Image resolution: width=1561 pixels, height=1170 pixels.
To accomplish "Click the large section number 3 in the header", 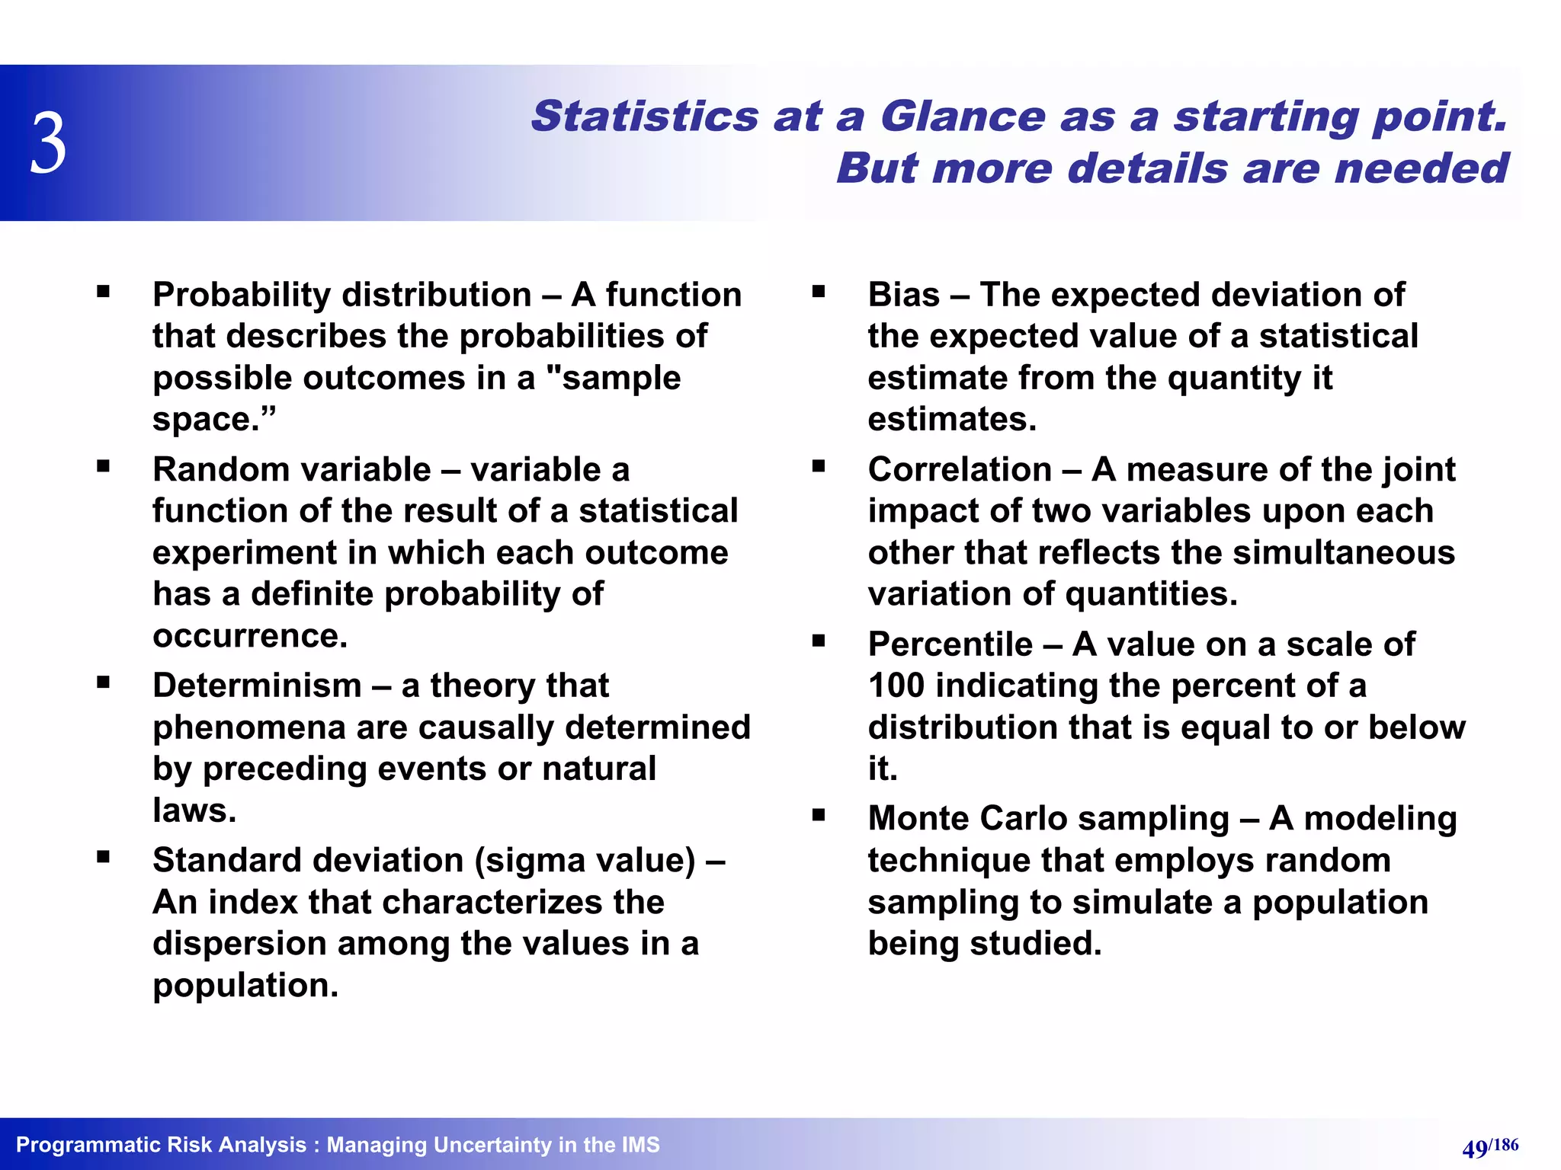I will [49, 144].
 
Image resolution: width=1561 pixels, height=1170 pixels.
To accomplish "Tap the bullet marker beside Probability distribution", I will [104, 291].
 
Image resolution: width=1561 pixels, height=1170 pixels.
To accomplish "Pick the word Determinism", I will [257, 686].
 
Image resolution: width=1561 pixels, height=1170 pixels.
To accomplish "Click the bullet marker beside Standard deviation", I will [104, 857].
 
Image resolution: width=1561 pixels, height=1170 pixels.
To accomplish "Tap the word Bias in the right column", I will [903, 295].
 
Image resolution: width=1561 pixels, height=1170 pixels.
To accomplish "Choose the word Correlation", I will [960, 470].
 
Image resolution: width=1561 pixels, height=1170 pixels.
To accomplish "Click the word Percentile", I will [950, 644].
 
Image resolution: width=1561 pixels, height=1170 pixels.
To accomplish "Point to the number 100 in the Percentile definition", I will [896, 686].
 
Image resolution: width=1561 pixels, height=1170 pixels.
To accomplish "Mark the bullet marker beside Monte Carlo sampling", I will [819, 815].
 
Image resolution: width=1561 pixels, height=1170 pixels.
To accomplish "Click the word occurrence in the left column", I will [250, 636].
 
